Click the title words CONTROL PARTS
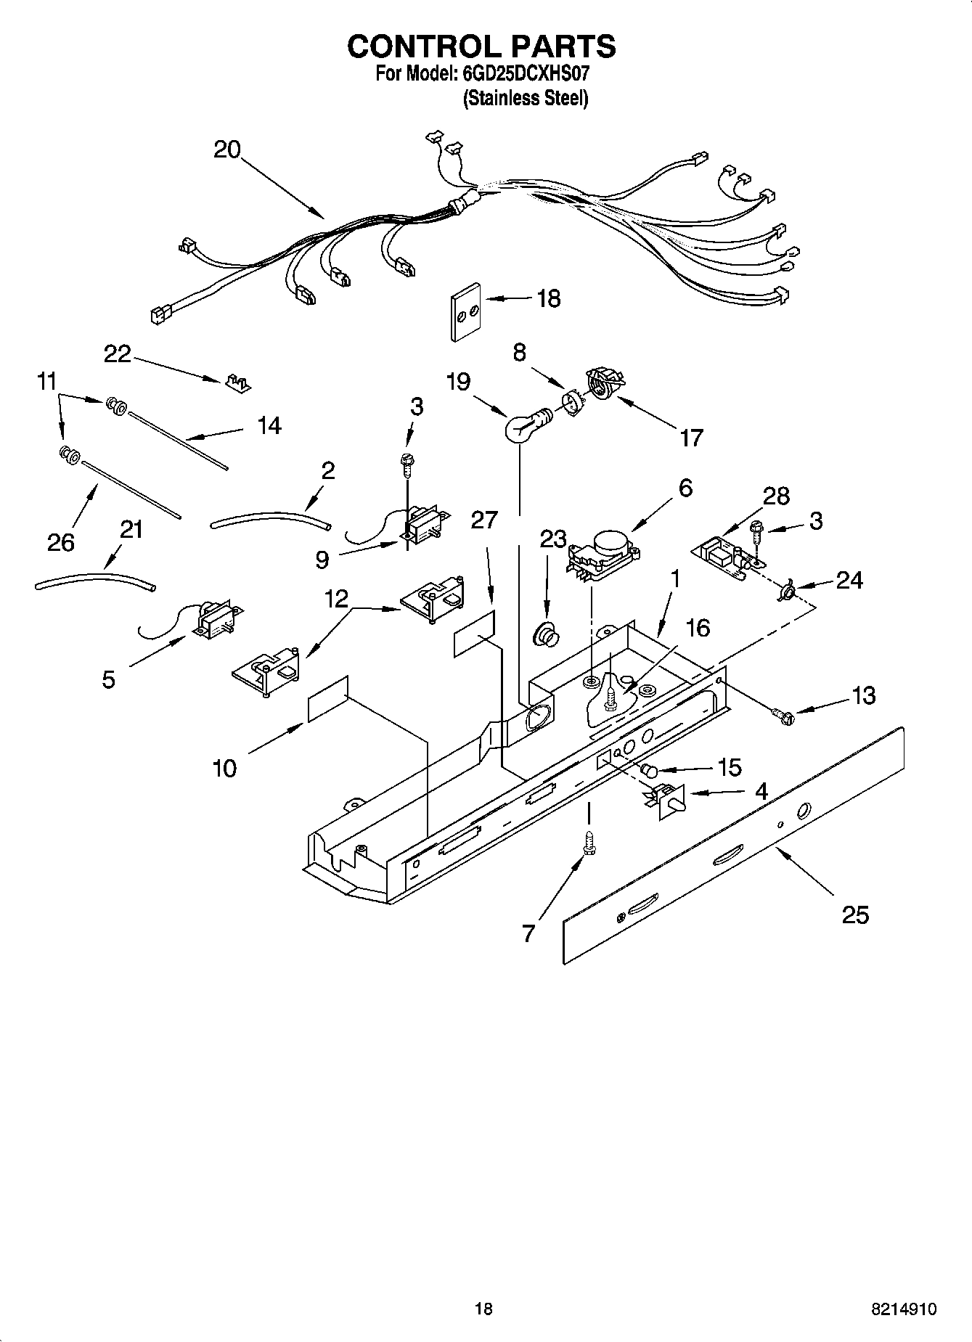coord(481,46)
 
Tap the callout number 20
coord(227,150)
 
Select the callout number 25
coord(855,915)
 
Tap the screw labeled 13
coord(784,716)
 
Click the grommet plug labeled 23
coord(546,634)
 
